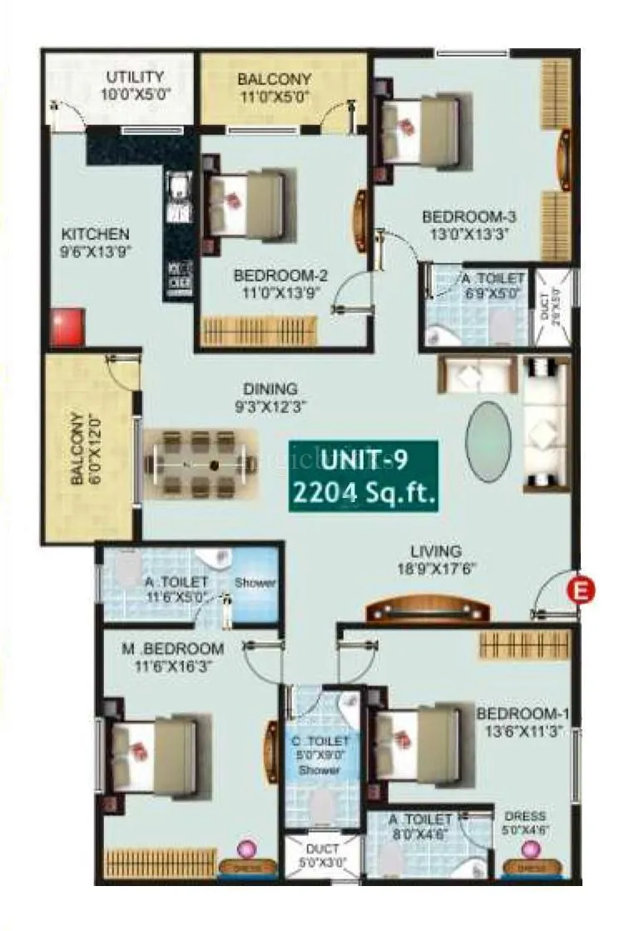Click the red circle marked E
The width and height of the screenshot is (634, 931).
(x=581, y=590)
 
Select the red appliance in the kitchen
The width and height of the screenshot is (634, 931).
(x=68, y=327)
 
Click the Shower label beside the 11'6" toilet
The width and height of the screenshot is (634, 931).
(x=254, y=583)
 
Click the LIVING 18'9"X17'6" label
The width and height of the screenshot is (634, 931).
(x=435, y=560)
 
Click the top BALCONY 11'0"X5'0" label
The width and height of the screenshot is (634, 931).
(x=274, y=87)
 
